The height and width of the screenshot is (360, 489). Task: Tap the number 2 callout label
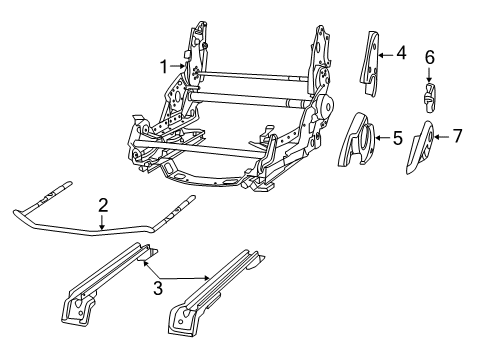[x=102, y=205]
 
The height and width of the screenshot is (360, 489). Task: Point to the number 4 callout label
[x=401, y=52]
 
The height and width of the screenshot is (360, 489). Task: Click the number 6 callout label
[x=429, y=58]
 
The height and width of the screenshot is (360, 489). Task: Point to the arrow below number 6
[x=429, y=76]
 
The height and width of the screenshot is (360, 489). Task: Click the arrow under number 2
[x=102, y=221]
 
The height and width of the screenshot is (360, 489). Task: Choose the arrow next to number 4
[x=388, y=52]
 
